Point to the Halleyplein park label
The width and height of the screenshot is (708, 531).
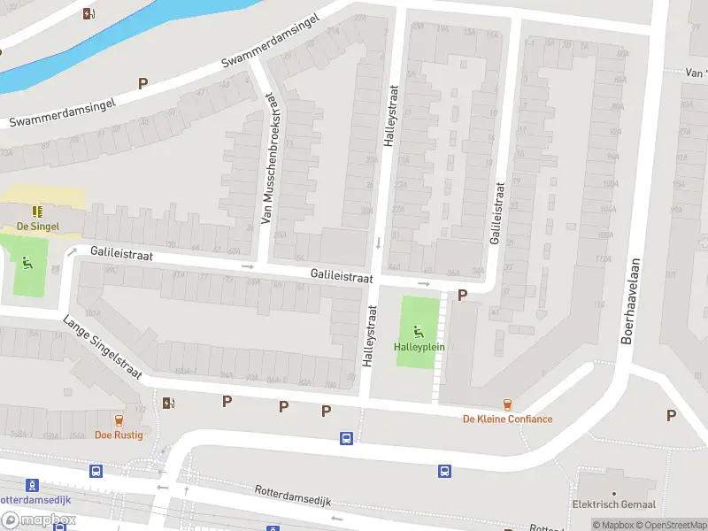pyautogui.click(x=419, y=347)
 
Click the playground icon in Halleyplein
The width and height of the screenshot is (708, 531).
pyautogui.click(x=419, y=331)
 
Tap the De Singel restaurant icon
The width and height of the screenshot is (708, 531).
pyautogui.click(x=38, y=212)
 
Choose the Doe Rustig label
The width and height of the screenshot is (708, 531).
pyautogui.click(x=119, y=435)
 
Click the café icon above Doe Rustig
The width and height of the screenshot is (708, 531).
pyautogui.click(x=119, y=419)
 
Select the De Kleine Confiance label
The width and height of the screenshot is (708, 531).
pyautogui.click(x=507, y=419)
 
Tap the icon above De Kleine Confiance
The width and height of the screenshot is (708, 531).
pyautogui.click(x=507, y=404)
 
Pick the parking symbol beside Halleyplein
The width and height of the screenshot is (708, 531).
pyautogui.click(x=462, y=295)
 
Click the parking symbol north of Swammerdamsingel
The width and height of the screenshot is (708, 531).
pyautogui.click(x=142, y=83)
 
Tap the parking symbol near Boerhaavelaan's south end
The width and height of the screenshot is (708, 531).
pyautogui.click(x=671, y=415)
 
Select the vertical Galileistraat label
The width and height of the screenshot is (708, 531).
pyautogui.click(x=497, y=213)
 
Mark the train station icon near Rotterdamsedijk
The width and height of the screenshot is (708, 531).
pyautogui.click(x=33, y=484)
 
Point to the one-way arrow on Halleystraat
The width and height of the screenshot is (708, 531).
pyautogui.click(x=378, y=242)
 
